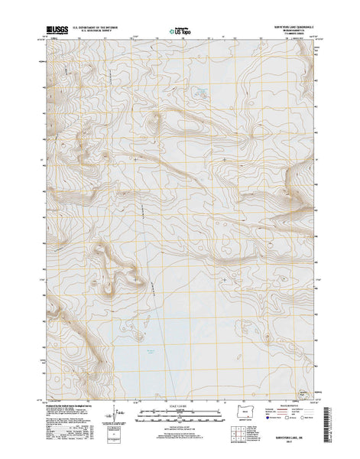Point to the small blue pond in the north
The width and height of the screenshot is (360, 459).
[x=203, y=94]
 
